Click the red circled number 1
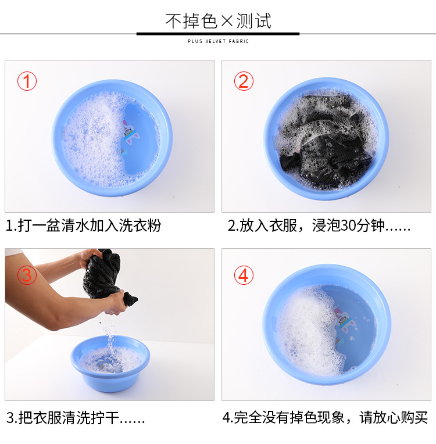pos(27,81)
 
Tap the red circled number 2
pos(244,81)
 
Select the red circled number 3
pos(27,275)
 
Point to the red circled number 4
pos(244,275)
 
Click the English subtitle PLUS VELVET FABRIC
pos(218,41)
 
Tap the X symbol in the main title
pos(227,21)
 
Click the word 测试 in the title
pos(254,21)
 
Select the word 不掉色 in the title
pos(191,21)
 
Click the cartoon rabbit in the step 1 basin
pos(131,133)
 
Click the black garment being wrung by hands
pos(106,276)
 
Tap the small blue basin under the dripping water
pos(110,363)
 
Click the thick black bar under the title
pos(218,34)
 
